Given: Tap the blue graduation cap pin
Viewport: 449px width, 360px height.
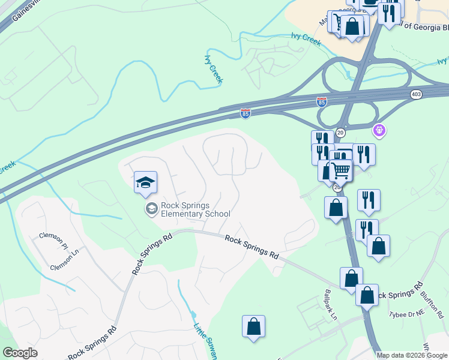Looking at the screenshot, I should [x=145, y=182].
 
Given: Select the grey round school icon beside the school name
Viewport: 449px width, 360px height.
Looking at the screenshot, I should [x=151, y=209].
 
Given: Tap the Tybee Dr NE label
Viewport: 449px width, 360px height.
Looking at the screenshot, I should [x=407, y=314].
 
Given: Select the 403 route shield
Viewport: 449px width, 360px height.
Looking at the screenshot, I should [x=416, y=95].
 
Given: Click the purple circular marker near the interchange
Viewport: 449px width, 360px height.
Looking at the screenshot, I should [x=379, y=129].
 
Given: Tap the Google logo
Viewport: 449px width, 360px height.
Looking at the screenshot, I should [x=20, y=353].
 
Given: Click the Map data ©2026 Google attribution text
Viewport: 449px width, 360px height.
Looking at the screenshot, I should [x=412, y=355].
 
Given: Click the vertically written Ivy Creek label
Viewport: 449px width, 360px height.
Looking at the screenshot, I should [x=214, y=69].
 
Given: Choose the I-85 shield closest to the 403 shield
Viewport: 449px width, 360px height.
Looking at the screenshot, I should [x=322, y=103].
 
